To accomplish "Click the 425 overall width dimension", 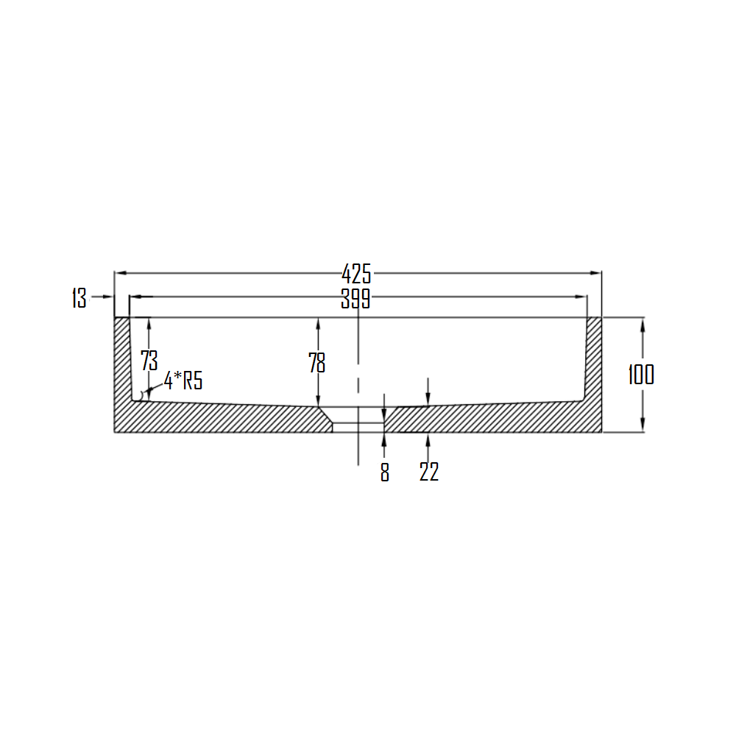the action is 356,274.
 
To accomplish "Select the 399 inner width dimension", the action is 355,299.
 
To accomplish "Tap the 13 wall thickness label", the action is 79,298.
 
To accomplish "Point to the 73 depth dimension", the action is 149,360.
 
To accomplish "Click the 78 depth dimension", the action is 316,362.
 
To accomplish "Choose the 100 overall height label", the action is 641,375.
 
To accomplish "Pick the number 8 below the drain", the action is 385,473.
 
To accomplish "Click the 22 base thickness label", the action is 428,472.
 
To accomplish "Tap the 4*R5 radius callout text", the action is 183,381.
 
